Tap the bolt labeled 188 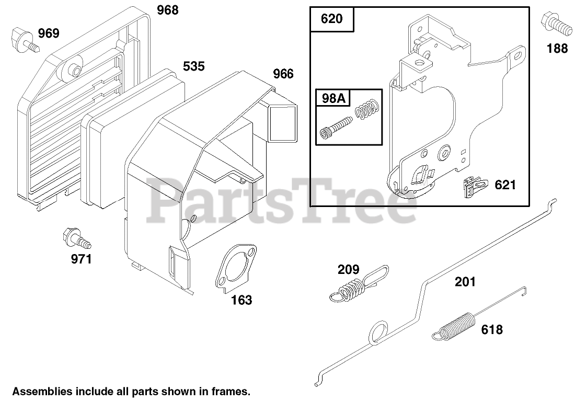click(557, 21)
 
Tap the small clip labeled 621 click(473, 186)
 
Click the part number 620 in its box click(332, 19)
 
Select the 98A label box click(333, 98)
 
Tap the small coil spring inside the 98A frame click(366, 110)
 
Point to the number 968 click(167, 10)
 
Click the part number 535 click(193, 66)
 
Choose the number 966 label click(283, 74)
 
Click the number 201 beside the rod click(465, 282)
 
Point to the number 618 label click(492, 329)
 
